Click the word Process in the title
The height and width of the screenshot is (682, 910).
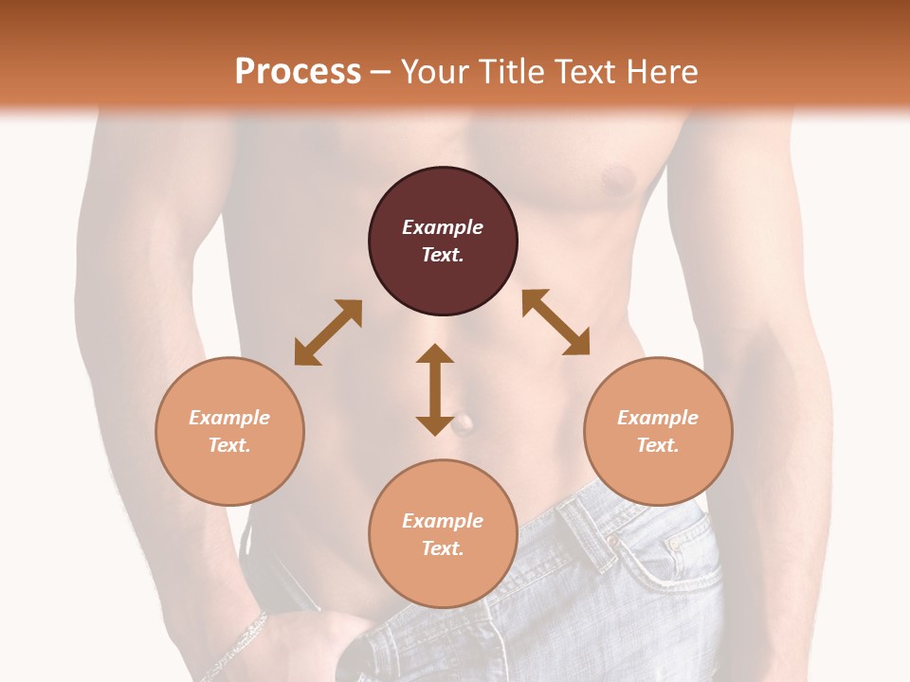tap(298, 72)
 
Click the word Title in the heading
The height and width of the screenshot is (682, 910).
tap(509, 72)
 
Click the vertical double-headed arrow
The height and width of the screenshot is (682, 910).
tap(435, 389)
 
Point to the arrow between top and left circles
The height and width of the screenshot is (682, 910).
tap(328, 332)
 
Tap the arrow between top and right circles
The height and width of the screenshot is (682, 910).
tap(556, 322)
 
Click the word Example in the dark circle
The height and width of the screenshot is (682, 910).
tap(443, 227)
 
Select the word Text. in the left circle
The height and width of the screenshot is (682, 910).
tap(229, 445)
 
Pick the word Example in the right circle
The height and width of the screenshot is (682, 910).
tap(658, 418)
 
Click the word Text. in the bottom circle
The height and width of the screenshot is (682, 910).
tap(443, 548)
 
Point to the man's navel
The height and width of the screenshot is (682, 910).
tap(464, 423)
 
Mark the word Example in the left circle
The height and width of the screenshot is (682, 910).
tap(229, 418)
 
